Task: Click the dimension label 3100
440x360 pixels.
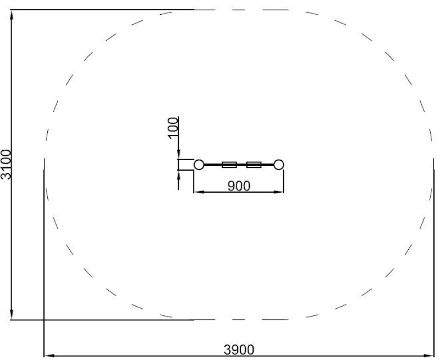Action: [x=5, y=165]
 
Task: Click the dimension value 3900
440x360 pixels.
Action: [x=239, y=350]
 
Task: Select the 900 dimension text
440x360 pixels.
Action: [x=239, y=186]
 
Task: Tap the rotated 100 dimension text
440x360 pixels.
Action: [x=173, y=128]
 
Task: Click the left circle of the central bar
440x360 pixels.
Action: [x=199, y=165]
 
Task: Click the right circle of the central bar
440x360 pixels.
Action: [x=279, y=165]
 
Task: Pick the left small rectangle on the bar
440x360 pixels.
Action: [x=229, y=165]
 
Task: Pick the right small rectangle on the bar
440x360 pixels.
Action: [x=254, y=165]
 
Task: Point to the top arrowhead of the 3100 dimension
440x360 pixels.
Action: [x=12, y=15]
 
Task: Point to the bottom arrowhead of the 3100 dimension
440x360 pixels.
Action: [x=12, y=314]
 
